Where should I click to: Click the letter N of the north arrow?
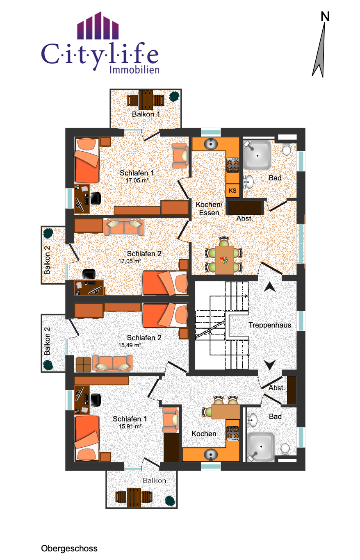(325, 16)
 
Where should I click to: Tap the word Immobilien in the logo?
(134, 70)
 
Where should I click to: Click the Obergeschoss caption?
(69, 548)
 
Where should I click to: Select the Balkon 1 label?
(146, 114)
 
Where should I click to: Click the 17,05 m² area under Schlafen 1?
(137, 180)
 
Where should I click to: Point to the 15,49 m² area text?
(130, 345)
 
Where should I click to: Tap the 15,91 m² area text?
(130, 426)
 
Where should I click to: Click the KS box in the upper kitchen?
(232, 191)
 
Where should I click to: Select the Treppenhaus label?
(270, 325)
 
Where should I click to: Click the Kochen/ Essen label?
(209, 209)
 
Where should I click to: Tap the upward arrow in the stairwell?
(270, 287)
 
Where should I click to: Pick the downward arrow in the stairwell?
(270, 365)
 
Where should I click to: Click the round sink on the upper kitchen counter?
(211, 144)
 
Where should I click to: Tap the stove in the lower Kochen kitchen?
(233, 433)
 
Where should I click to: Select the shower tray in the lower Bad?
(260, 447)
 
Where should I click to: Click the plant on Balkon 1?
(174, 96)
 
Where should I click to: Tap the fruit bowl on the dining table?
(224, 260)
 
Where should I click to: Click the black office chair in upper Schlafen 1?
(96, 198)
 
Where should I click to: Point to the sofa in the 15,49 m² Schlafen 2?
(112, 363)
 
